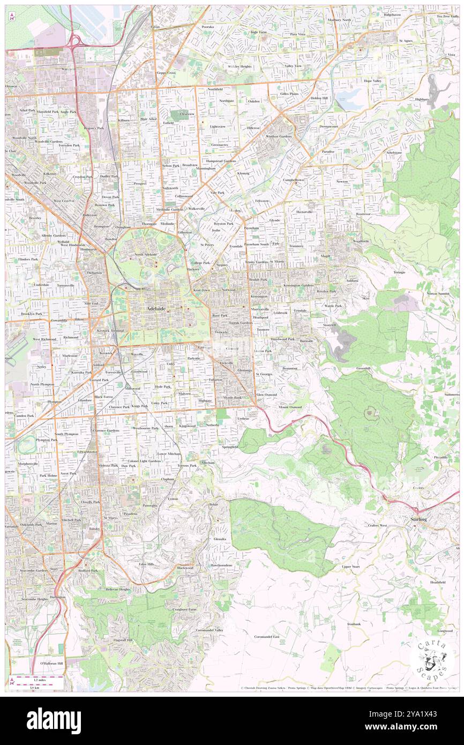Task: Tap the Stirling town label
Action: click(x=418, y=519)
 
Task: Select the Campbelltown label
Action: click(x=294, y=180)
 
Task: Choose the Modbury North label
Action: click(x=339, y=20)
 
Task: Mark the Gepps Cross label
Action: click(x=166, y=72)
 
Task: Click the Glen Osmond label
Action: click(x=266, y=394)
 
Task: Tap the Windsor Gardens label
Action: click(x=279, y=136)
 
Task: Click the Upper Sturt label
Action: click(x=350, y=566)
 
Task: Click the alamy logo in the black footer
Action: click(x=54, y=721)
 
